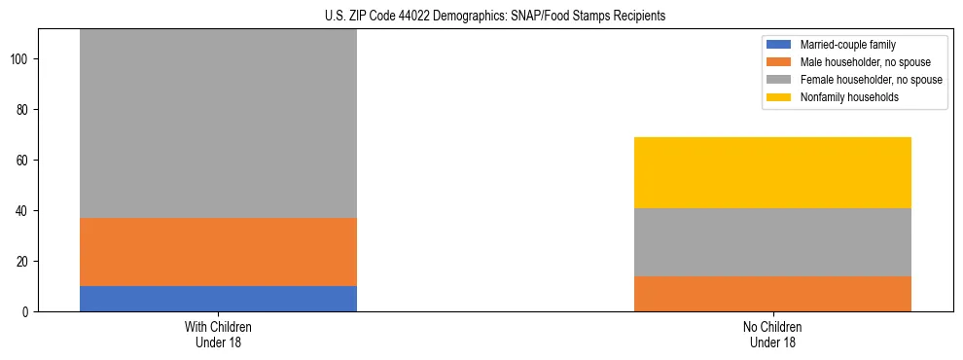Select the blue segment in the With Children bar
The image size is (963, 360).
pyautogui.click(x=218, y=299)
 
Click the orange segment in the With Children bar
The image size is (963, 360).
pyautogui.click(x=218, y=252)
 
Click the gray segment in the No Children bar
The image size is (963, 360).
pyautogui.click(x=772, y=242)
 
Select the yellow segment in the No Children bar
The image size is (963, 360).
pyautogui.click(x=772, y=172)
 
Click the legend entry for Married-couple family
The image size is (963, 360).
pyautogui.click(x=846, y=45)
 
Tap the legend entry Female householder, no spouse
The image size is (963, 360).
pyautogui.click(x=870, y=80)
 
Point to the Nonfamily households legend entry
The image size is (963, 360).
pyautogui.click(x=849, y=97)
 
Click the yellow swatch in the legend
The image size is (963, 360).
pyautogui.click(x=779, y=97)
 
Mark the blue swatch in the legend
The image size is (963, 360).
pyautogui.click(x=779, y=45)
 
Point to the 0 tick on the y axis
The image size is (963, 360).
pyautogui.click(x=27, y=312)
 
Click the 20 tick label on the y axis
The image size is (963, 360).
pyautogui.click(x=24, y=262)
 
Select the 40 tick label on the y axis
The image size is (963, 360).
pyautogui.click(x=24, y=211)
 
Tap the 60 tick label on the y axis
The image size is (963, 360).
pyautogui.click(x=24, y=161)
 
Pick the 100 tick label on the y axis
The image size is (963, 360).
pyautogui.click(x=21, y=59)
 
